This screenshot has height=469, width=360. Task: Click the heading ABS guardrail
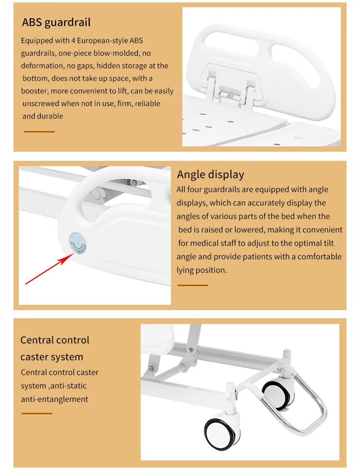(x=56, y=22)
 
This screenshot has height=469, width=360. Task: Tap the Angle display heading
(x=210, y=174)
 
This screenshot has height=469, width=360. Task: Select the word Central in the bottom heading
(x=37, y=340)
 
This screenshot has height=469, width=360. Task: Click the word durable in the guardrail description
(x=50, y=116)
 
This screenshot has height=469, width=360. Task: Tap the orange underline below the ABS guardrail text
(x=39, y=131)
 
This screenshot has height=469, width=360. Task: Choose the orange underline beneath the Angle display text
(x=192, y=285)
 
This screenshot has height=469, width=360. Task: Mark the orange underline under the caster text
(x=36, y=413)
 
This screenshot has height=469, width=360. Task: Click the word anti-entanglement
(x=54, y=399)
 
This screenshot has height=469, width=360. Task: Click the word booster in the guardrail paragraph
(x=35, y=91)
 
